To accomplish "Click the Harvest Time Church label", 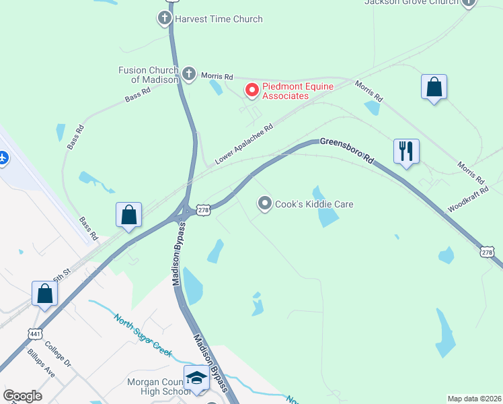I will click(219, 19).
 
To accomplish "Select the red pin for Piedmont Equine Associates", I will click(252, 89).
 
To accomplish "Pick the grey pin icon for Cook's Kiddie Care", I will click(266, 203).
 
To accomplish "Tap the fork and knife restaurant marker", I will click(406, 151).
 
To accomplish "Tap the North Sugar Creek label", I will click(143, 335).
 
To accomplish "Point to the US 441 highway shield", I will click(36, 333).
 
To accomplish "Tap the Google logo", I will click(23, 396).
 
